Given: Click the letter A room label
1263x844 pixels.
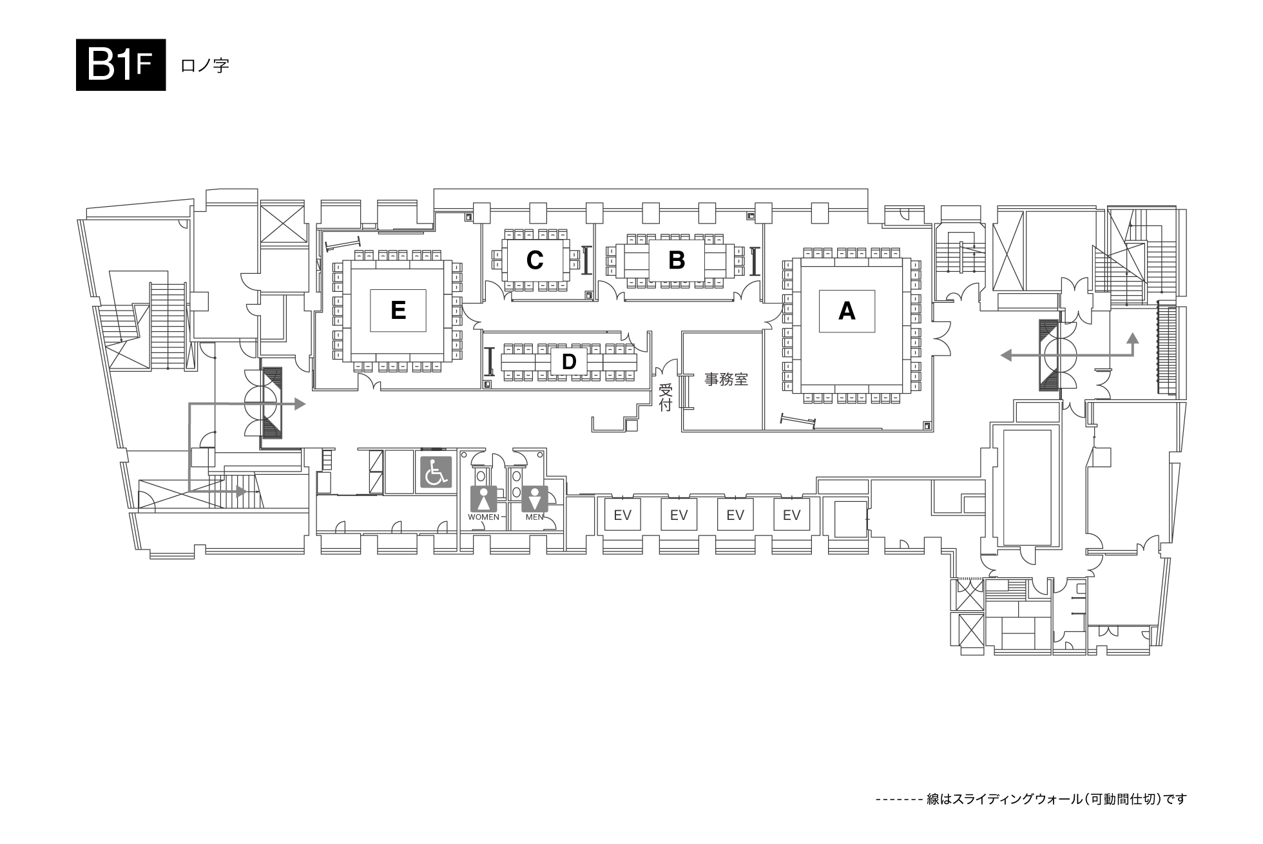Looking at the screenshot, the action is (847, 311).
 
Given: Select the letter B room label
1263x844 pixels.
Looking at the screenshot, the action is (677, 260).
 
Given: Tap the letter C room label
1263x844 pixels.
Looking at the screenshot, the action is (535, 260).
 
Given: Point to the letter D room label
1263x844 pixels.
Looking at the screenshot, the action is (568, 362).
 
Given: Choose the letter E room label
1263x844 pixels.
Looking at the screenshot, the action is (398, 311).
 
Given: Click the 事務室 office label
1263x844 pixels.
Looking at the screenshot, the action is (726, 379).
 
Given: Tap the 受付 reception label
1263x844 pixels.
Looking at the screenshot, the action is (666, 398).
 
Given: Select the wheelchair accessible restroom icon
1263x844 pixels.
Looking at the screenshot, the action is (436, 472).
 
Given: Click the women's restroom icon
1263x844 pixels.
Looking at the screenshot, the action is (483, 499).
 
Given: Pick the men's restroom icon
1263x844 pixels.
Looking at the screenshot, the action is (535, 499).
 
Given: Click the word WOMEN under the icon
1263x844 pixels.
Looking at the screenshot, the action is (483, 517).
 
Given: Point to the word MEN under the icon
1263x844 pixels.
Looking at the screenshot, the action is (535, 517).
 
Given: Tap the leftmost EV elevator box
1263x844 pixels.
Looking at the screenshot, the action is (622, 514).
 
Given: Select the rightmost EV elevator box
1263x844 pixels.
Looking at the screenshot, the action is (791, 514).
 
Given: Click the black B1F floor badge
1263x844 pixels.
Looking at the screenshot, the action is (121, 65).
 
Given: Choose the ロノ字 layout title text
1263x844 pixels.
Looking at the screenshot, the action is (205, 66).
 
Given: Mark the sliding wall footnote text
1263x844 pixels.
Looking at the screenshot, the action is (1031, 800).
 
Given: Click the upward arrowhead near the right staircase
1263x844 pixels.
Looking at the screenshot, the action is (1132, 338).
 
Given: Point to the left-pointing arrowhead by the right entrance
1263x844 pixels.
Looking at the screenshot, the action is (1006, 354).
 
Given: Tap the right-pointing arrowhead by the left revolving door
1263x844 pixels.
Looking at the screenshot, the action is (300, 404).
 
